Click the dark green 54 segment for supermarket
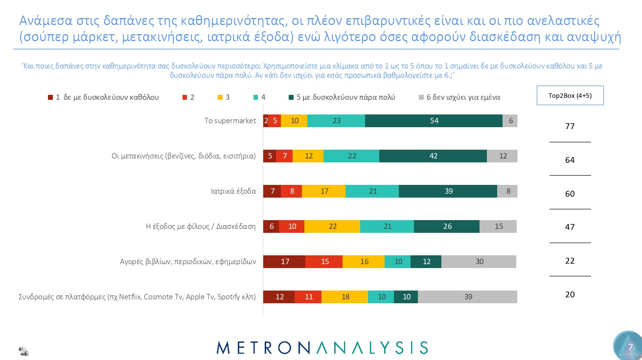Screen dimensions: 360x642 [434, 121]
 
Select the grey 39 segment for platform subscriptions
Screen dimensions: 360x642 [467, 297]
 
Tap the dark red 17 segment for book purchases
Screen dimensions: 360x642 [284, 262]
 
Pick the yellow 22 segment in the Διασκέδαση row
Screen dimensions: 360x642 [332, 226]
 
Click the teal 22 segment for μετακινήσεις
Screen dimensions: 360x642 [351, 156]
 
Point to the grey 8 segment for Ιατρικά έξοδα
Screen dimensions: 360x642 [507, 191]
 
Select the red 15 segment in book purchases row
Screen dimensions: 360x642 [324, 262]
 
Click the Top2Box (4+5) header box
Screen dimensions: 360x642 [570, 95]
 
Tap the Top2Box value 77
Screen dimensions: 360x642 [570, 126]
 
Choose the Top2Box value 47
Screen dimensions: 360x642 [570, 227]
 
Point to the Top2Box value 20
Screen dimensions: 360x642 [570, 294]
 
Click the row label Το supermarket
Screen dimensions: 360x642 [230, 121]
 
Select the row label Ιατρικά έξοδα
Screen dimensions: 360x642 [230, 191]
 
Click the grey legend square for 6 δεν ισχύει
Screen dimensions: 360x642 [421, 97]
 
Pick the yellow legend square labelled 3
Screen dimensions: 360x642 [221, 97]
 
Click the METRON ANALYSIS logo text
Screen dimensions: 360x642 [322, 347]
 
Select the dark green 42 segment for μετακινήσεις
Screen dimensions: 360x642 [433, 156]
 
